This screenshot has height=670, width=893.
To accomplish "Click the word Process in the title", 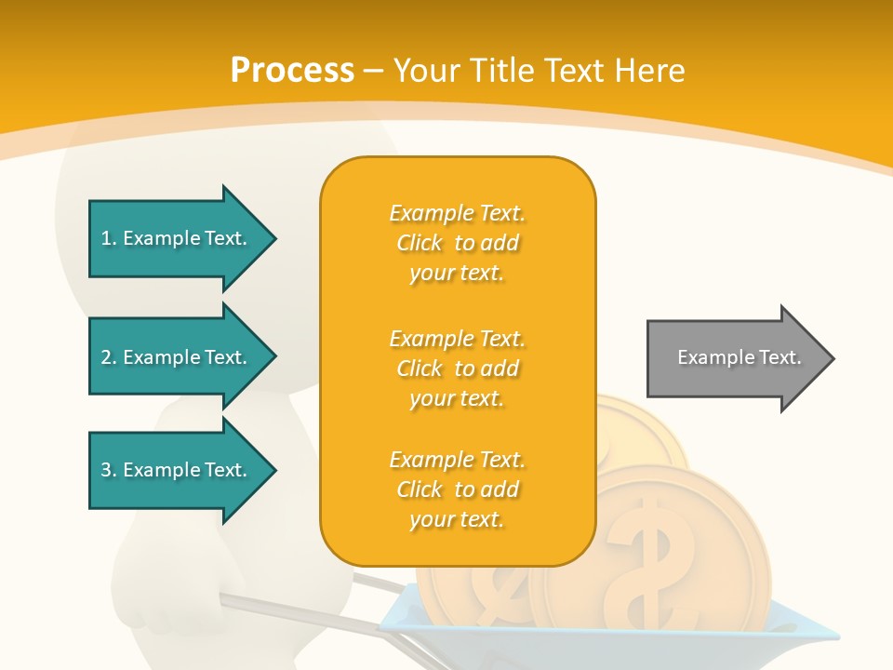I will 292,71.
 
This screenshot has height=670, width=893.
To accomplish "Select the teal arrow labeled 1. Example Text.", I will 177,238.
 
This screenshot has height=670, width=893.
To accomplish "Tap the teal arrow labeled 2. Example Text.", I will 177,357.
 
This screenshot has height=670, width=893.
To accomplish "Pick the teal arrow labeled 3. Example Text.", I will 177,470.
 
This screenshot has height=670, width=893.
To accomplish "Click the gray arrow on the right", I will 735,358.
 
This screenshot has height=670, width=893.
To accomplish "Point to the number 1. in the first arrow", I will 108,238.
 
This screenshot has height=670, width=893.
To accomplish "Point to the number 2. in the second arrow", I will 108,357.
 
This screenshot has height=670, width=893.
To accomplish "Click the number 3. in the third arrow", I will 108,470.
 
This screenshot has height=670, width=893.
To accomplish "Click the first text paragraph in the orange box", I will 457,243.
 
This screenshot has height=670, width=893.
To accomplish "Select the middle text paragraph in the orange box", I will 457,368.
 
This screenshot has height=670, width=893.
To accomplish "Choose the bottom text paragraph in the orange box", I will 457,489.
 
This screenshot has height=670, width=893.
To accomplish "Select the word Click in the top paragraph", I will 420,243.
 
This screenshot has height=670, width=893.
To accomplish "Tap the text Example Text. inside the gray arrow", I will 739,357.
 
